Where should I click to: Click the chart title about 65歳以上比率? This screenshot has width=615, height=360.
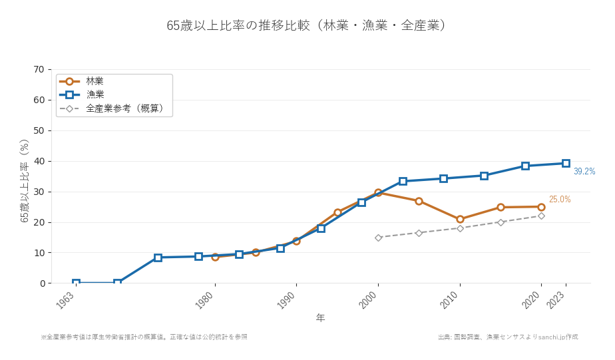307,25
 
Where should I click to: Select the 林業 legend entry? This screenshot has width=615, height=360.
95,81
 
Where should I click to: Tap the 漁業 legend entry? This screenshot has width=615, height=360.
95,94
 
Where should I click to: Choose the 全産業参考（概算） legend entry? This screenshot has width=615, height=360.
124,108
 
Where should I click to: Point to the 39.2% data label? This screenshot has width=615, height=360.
584,172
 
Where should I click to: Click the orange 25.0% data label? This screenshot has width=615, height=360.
559,200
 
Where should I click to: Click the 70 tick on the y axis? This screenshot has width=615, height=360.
39,69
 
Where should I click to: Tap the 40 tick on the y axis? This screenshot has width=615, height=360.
39,161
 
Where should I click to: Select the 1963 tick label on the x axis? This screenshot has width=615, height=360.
66,300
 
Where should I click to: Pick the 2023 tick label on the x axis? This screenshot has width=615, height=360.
556,300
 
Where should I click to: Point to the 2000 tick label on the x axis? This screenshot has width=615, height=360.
368,300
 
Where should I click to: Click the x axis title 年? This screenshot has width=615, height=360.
320,318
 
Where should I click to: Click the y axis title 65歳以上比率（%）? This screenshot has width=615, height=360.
25,180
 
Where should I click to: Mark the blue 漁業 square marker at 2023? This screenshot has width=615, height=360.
566,163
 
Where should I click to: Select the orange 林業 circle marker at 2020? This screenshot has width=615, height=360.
541,207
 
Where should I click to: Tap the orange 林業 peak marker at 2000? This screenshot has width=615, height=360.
378,192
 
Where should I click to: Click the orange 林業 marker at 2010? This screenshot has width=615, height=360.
460,219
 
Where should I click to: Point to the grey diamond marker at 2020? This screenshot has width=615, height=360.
541,216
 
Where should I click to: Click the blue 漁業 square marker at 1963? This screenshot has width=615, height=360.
76,283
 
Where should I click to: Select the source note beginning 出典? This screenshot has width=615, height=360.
508,337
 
